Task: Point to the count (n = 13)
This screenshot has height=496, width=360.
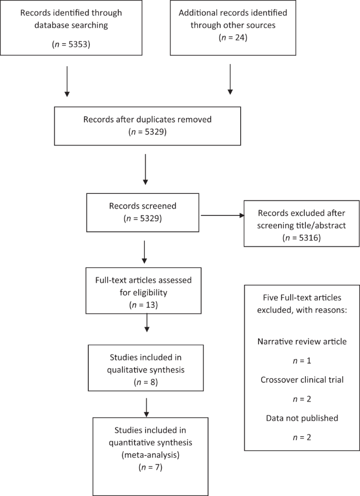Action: pos(146,304)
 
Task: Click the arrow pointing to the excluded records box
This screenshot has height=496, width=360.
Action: pos(221,215)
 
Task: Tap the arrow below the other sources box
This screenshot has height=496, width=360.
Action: pos(230,80)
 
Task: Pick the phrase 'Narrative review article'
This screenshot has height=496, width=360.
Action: pos(301,341)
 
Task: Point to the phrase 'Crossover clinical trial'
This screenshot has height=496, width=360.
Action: pos(301,380)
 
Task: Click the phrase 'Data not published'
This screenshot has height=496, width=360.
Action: pos(301,419)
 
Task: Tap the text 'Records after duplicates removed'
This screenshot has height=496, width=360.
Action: pos(147,119)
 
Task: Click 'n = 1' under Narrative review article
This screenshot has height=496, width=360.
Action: pos(301,360)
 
